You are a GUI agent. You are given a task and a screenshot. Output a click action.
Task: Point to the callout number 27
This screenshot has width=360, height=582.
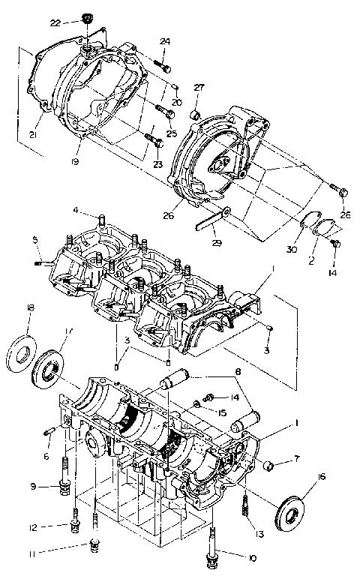pyautogui.click(x=199, y=88)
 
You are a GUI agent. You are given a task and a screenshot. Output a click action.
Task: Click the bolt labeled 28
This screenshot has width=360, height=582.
pyautogui.click(x=342, y=193)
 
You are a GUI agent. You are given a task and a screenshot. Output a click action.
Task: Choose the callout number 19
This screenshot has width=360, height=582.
pyautogui.click(x=75, y=160)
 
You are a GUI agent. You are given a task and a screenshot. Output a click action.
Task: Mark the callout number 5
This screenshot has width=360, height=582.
pyautogui.click(x=34, y=239)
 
